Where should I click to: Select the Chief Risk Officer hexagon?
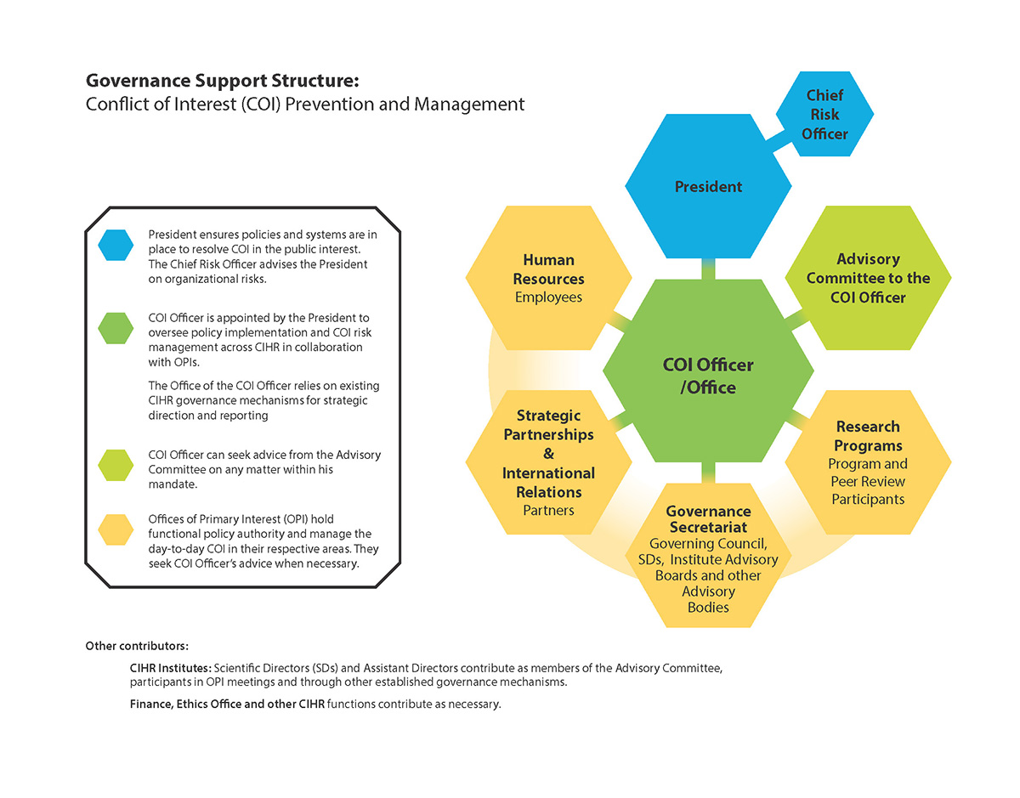pos(824,114)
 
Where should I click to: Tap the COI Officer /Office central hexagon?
pos(707,376)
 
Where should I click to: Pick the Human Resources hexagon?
pos(548,278)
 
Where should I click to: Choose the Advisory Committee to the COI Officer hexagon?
pos(868,278)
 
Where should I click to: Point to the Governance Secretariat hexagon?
pos(708,557)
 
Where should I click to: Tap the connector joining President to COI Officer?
pos(708,269)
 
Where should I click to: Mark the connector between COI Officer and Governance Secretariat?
pos(708,473)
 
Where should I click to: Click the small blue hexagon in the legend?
pos(116,245)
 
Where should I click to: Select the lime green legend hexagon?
pos(116,464)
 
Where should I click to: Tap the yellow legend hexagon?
pos(116,529)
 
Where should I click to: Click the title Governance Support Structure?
pos(223,82)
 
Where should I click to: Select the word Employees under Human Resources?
pos(548,297)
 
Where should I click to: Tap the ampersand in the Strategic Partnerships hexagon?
pos(548,454)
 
